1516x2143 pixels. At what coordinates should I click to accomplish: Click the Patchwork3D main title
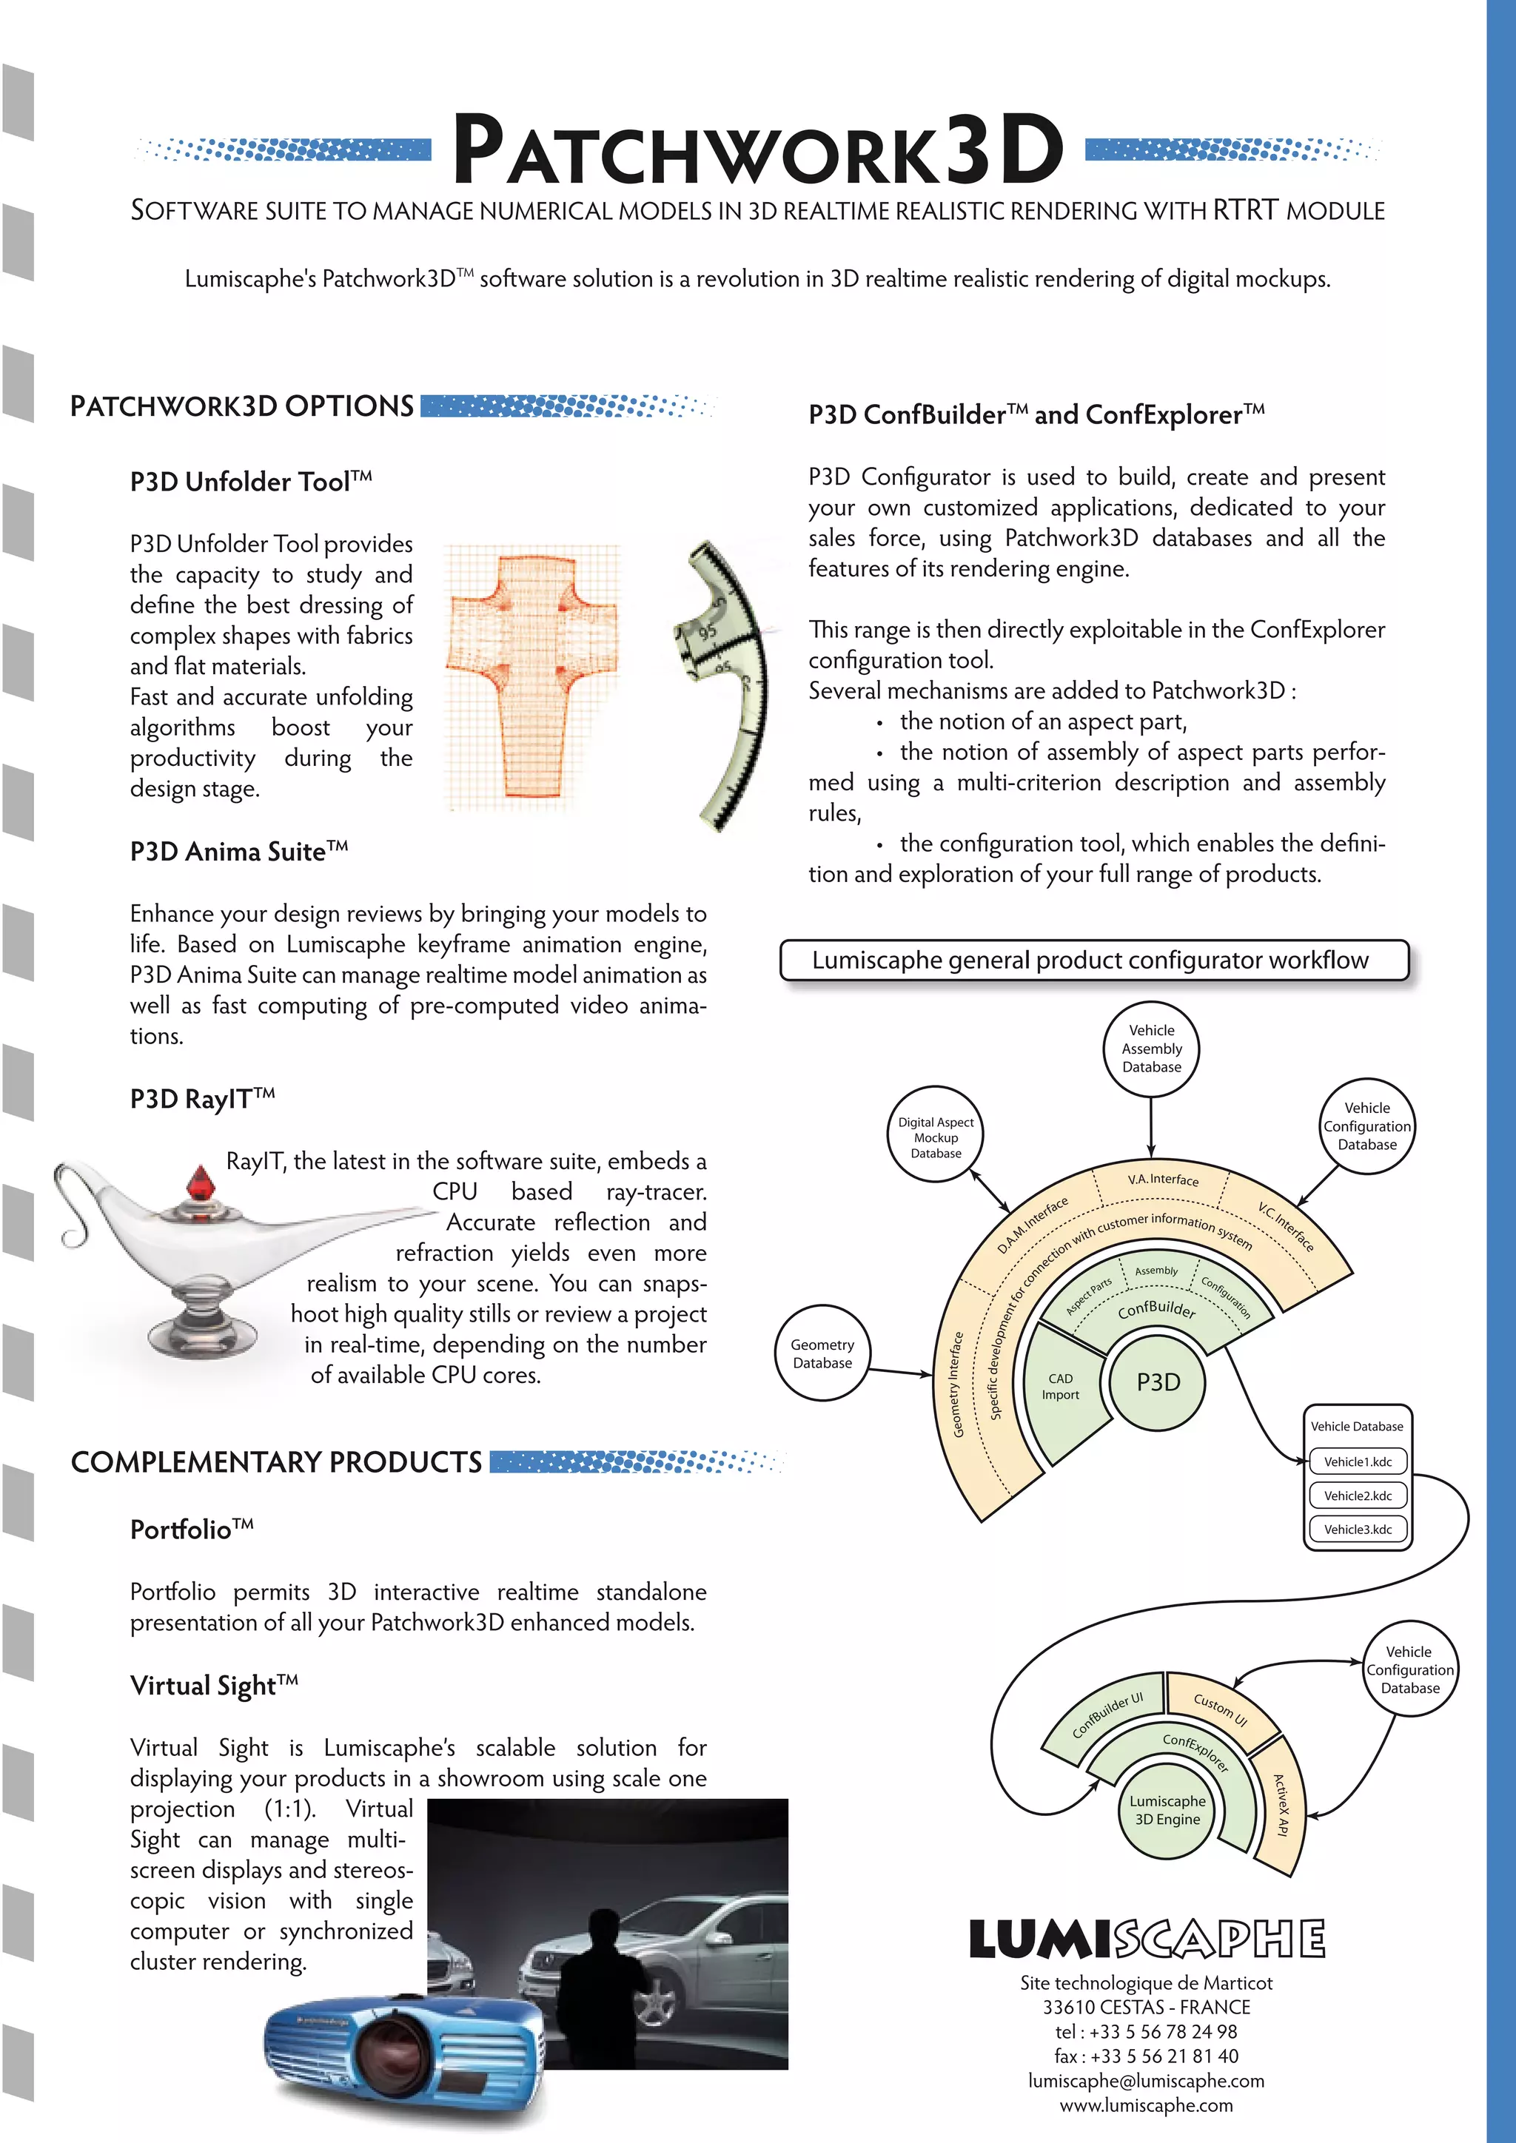pos(757,149)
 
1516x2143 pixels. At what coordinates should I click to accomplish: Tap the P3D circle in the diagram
pos(1158,1382)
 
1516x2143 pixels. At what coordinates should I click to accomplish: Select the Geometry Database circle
pos(822,1353)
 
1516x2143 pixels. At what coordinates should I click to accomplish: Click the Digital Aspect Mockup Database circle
pos(936,1137)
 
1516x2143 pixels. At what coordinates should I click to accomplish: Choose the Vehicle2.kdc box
pos(1358,1496)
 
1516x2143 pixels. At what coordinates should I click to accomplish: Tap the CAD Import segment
pos(1061,1387)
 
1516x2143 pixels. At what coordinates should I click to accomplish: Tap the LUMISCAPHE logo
pos(1147,1939)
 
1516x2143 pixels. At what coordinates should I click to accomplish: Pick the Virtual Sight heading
pos(214,1686)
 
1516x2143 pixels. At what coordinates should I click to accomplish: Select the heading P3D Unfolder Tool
pos(250,482)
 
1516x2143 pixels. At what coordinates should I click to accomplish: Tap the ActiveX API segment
pos(1283,1805)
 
